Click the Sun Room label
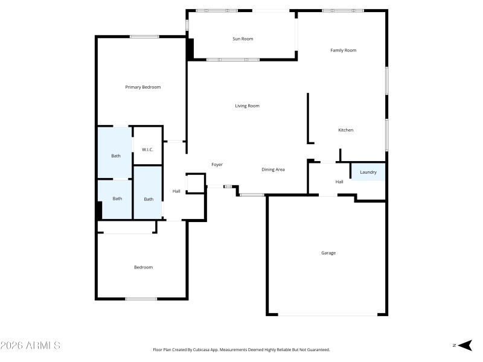coord(243,39)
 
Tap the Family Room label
coord(343,50)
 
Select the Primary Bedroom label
coord(143,87)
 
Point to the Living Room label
coord(247,106)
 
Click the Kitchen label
coord(345,130)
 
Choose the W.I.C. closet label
coord(147,149)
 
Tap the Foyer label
coord(217,164)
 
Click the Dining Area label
coord(273,170)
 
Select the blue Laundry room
coord(368,172)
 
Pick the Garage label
coord(328,253)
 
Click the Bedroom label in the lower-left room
coord(143,267)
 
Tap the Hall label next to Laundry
coord(339,182)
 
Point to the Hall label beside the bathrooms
coord(176,191)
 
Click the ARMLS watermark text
coord(30,346)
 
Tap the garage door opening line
coord(328,314)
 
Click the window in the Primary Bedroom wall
coord(144,37)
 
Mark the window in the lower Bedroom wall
coord(141,298)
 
